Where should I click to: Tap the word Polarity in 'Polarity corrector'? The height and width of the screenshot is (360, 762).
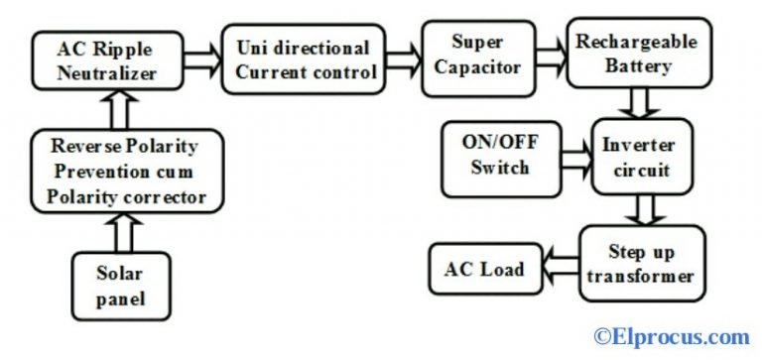(82, 197)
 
